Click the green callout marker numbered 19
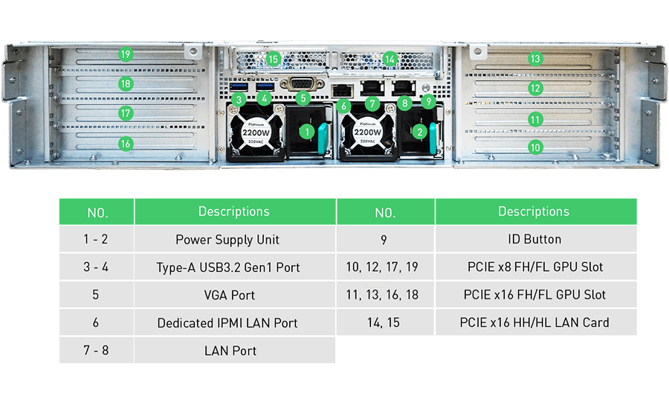125,54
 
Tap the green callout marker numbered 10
535,147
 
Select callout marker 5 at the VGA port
302,98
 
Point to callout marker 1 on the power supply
306,132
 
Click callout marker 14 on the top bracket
390,58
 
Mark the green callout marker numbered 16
125,144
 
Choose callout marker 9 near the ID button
427,100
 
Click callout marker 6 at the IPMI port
343,106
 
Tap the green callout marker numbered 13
535,58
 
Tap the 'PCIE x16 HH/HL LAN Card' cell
534,322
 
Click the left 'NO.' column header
97,212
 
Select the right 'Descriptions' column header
534,211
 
